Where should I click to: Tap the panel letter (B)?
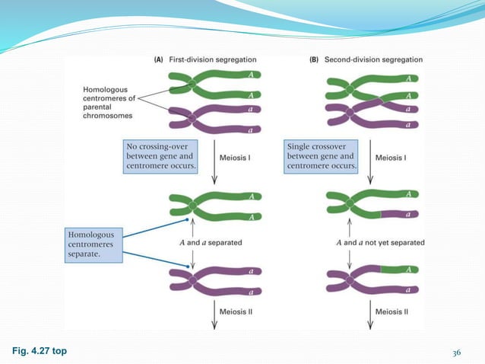(315, 59)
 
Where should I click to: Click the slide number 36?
(457, 351)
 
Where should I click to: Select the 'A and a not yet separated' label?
(380, 242)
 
